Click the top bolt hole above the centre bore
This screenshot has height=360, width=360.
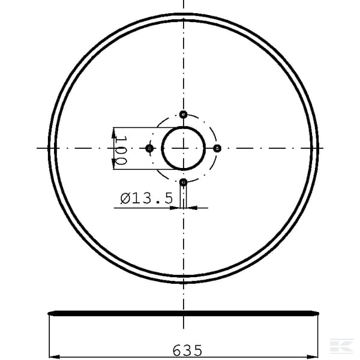point(183,114)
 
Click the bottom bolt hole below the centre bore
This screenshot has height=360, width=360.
point(183,182)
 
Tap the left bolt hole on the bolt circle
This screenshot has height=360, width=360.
point(149,148)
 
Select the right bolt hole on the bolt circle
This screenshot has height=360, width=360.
point(217,148)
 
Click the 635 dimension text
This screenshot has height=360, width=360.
point(187,350)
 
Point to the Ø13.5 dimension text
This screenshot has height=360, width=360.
point(146,199)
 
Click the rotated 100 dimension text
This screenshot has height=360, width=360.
point(121,151)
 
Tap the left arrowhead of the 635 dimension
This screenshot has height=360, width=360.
point(54,357)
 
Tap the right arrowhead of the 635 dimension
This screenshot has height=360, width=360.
point(313,357)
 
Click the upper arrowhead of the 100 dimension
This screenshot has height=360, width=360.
point(113,133)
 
